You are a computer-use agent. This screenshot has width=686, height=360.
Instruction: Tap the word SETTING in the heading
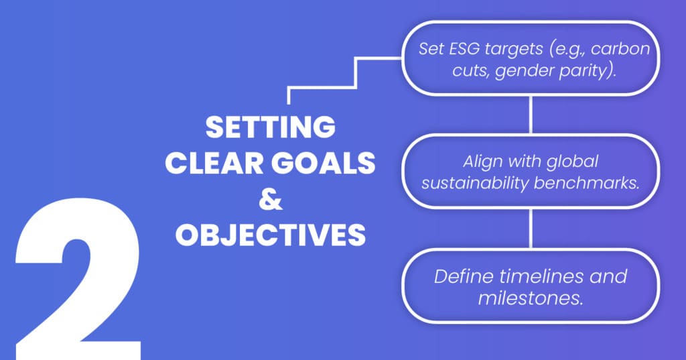click(271, 127)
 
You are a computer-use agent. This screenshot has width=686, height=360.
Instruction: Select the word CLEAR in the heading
click(214, 163)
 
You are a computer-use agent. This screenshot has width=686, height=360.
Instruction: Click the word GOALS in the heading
click(324, 163)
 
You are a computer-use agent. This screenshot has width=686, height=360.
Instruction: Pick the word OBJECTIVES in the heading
click(271, 235)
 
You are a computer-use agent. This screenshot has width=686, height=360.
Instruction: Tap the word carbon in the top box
click(620, 49)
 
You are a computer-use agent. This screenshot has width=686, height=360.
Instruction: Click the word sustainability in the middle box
click(475, 183)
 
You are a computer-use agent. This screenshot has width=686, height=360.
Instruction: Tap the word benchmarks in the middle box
click(585, 182)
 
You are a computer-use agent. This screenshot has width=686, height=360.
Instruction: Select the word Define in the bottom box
click(464, 276)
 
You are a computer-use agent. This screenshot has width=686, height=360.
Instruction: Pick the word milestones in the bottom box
click(531, 298)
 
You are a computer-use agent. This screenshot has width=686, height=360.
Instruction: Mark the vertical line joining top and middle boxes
click(531, 115)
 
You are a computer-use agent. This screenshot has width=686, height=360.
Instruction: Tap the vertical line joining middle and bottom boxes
click(531, 228)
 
